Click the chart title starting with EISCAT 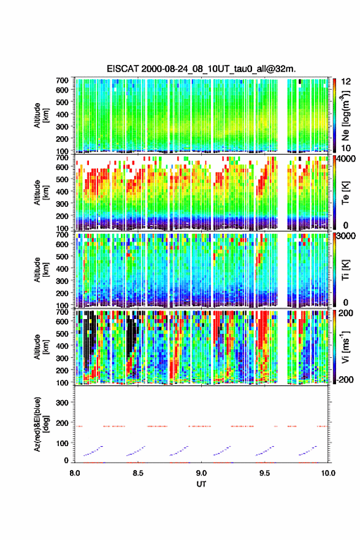[x=201, y=69]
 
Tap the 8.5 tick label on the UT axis [x=138, y=473]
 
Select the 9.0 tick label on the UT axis [x=201, y=473]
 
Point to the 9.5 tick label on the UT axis [x=265, y=473]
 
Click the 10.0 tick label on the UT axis [x=328, y=473]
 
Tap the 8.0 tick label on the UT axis [x=75, y=473]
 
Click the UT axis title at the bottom [x=201, y=484]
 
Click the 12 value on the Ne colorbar [x=347, y=82]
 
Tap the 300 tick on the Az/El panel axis [x=63, y=403]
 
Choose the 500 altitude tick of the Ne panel [x=63, y=102]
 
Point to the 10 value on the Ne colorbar [x=347, y=148]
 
